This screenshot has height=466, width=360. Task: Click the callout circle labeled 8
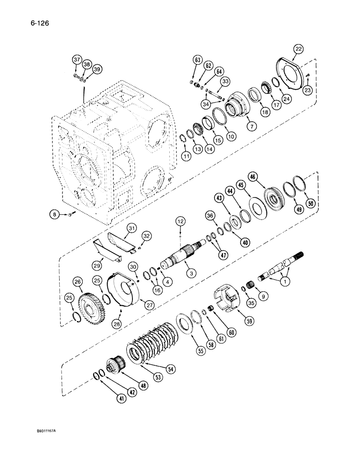point(55,214)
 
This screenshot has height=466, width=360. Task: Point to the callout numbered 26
point(77,281)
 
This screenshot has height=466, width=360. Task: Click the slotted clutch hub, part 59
point(225,298)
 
